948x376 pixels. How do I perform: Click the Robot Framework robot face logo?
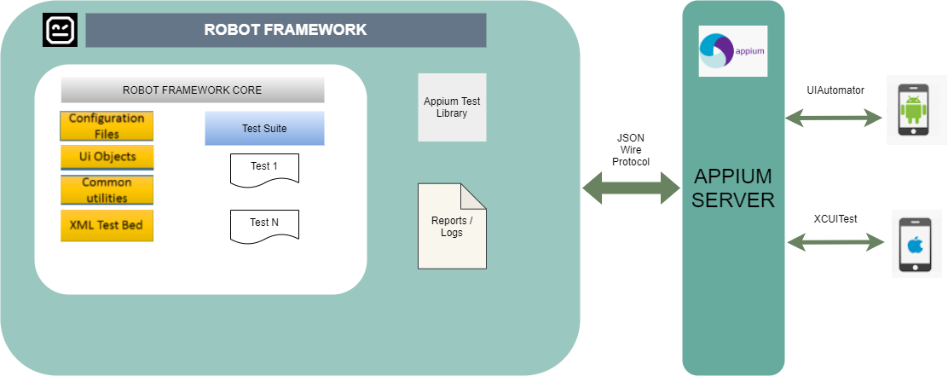coord(60,30)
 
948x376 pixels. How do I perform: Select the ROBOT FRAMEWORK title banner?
coord(286,30)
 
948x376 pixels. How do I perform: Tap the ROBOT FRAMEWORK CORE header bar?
coord(193,90)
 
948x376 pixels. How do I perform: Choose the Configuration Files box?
coord(107,126)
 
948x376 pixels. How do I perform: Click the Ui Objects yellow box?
coord(107,158)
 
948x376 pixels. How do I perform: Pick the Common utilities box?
coord(107,190)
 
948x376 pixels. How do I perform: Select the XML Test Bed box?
coord(107,225)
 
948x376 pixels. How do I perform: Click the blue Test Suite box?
coord(264,129)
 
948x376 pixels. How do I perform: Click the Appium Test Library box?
coord(452,107)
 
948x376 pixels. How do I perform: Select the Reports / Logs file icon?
coord(452,226)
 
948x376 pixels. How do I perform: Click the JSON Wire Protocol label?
coord(631,149)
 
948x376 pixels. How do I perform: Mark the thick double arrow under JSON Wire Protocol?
coord(631,188)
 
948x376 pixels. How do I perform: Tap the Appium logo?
coord(732,51)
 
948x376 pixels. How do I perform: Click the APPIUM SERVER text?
coord(733,188)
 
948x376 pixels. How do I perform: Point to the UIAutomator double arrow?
coord(834,118)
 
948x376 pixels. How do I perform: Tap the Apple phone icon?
coord(915,245)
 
